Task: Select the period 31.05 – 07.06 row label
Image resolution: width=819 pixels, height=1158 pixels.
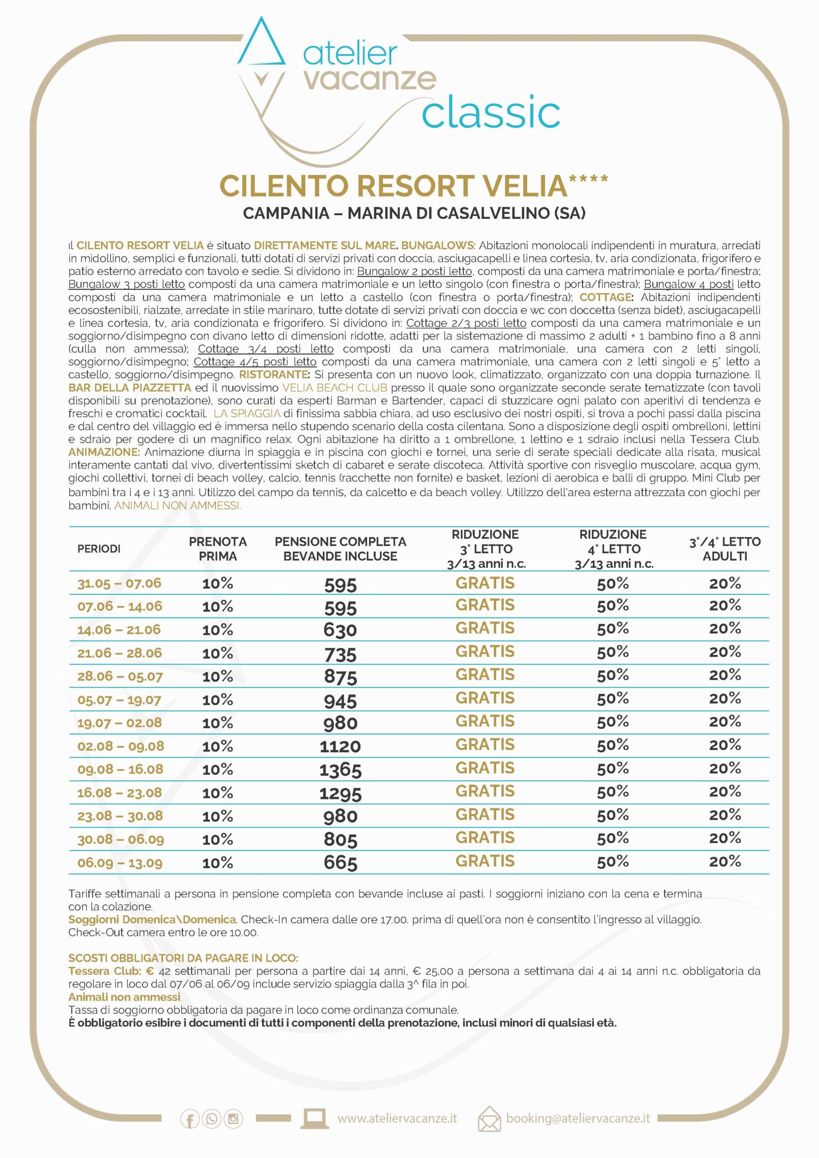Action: pos(119,584)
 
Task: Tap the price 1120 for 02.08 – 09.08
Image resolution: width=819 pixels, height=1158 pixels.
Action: pos(341,746)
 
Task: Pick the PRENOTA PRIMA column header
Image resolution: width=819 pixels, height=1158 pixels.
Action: pos(218,549)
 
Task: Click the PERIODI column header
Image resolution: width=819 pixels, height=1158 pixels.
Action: pos(99,549)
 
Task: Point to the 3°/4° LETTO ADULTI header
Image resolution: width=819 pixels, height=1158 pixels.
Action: pos(724,549)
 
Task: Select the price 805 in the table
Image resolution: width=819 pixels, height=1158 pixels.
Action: pos(341,840)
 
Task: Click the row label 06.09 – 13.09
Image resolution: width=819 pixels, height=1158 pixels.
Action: pos(119,863)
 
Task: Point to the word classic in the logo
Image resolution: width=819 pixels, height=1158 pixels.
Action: pos(491,113)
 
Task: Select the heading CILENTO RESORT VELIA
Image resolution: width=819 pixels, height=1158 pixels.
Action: pos(393,185)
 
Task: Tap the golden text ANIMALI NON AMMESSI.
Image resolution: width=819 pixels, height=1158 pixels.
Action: pos(178,506)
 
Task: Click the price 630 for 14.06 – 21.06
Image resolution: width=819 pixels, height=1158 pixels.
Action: pos(341,630)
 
